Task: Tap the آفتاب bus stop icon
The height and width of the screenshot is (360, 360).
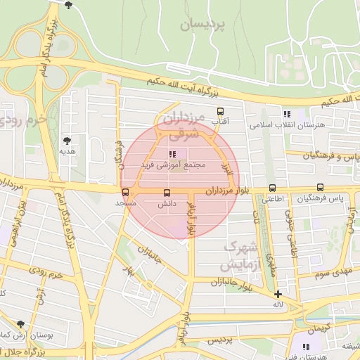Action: [x=220, y=111]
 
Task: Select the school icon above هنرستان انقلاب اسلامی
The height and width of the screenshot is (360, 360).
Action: [x=286, y=114]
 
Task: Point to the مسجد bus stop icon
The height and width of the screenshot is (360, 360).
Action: [x=125, y=192]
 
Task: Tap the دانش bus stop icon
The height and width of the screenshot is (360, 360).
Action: [x=167, y=193]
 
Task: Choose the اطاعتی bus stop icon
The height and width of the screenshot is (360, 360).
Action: [x=273, y=188]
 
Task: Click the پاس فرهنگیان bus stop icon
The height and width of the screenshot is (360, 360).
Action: [x=320, y=188]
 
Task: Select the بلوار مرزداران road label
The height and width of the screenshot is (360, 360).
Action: [x=229, y=191]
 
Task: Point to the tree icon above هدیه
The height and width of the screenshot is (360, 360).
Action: [x=67, y=141]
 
